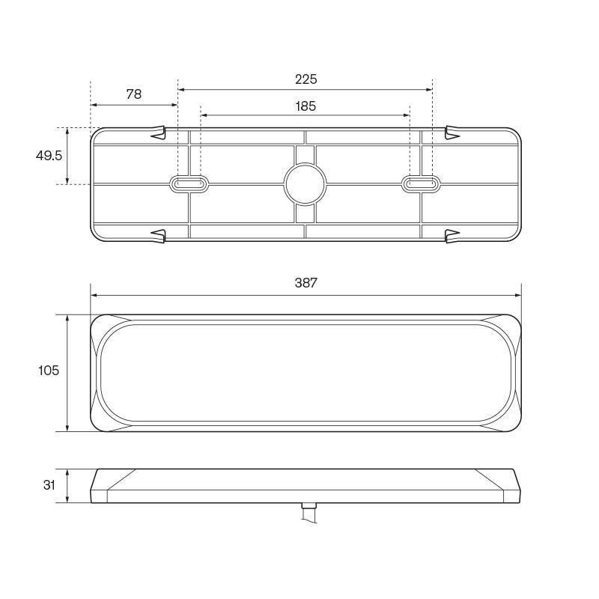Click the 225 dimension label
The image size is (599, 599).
pyautogui.click(x=306, y=79)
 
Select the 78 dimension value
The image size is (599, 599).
pyautogui.click(x=134, y=94)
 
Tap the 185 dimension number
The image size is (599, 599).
pyautogui.click(x=305, y=106)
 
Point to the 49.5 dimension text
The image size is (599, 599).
pyautogui.click(x=49, y=156)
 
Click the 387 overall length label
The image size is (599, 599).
pyautogui.click(x=306, y=283)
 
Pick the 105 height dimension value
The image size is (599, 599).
pyautogui.click(x=49, y=370)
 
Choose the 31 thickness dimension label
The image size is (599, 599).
pyautogui.click(x=49, y=485)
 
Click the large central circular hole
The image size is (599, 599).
pyautogui.click(x=305, y=184)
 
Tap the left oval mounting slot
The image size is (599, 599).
pyautogui.click(x=189, y=184)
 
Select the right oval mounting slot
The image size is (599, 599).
pyautogui.click(x=421, y=184)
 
